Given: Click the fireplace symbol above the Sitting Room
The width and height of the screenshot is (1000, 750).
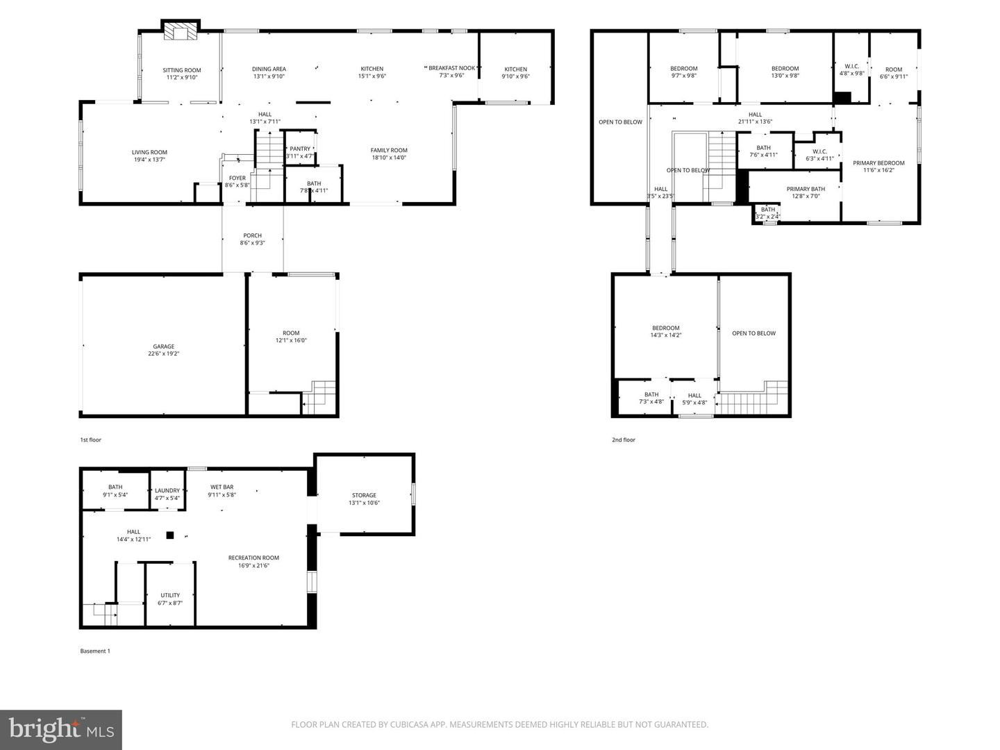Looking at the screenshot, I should click(181, 32).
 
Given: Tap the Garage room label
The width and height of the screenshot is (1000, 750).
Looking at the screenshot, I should click(164, 347).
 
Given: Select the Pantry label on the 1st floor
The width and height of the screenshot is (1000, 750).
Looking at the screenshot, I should click(300, 149).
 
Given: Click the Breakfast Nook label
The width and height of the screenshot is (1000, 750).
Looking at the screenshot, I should click(451, 68).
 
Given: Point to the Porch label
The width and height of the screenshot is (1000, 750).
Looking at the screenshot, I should click(252, 235).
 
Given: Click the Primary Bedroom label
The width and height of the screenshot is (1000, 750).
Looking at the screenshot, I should click(878, 163).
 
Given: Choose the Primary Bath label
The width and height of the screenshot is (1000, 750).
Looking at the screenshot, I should click(806, 189).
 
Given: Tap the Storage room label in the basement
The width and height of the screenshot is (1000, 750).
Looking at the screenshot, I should click(364, 495).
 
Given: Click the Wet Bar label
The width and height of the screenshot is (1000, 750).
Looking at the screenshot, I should click(222, 487).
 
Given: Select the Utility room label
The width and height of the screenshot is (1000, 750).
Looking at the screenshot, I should click(170, 595).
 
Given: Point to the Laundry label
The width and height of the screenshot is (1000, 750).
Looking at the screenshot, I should click(167, 490).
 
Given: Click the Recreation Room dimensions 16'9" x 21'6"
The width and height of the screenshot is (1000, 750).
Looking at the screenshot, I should click(254, 566).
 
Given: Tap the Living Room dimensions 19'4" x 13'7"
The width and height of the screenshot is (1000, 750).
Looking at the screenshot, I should click(149, 160).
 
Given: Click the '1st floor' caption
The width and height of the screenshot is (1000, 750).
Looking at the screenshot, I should click(90, 440).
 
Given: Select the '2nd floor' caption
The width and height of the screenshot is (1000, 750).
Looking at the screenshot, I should click(623, 440).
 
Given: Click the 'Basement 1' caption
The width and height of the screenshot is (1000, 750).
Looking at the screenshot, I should click(94, 651).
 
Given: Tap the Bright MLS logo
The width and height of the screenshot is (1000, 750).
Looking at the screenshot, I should click(61, 729).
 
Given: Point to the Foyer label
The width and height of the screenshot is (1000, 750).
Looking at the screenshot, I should click(237, 178).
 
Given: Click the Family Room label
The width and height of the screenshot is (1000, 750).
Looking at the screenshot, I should click(389, 150).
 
